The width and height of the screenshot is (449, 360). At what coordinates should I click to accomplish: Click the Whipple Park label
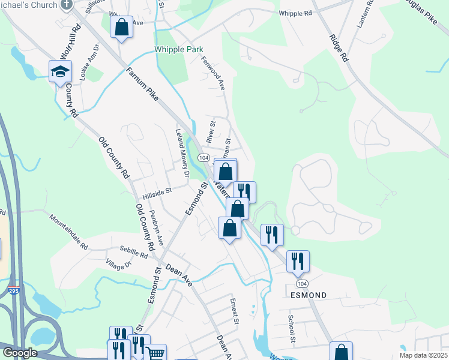coord(179,50)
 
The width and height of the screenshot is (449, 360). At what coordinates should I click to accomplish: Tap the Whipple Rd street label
coord(295,13)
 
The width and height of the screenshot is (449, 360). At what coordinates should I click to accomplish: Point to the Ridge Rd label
coord(339,47)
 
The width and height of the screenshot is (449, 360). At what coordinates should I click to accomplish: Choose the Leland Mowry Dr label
coord(182,154)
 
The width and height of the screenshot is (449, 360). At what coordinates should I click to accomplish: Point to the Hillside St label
coord(157,193)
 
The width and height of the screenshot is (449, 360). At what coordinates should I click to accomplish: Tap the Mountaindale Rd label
coord(68,232)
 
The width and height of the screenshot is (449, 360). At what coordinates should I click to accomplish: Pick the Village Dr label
coord(118,263)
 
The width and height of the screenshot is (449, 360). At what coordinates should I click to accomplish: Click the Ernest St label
coord(235,311)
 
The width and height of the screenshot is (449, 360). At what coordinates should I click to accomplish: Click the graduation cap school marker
coord(60,71)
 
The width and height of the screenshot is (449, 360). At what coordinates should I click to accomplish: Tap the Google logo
coord(20,352)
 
